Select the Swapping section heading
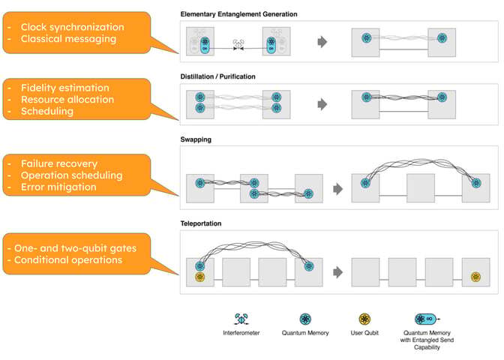click(x=196, y=139)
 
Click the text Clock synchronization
click(x=72, y=27)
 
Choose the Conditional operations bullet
click(x=74, y=260)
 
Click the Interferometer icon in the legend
click(x=242, y=319)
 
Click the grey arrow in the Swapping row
click(x=338, y=190)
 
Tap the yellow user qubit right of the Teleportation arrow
click(x=475, y=277)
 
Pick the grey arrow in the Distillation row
click(x=323, y=103)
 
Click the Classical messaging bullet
click(x=68, y=39)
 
